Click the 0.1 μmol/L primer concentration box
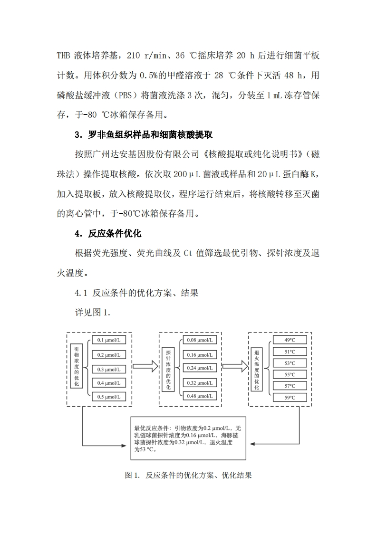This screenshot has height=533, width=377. pyautogui.click(x=108, y=340)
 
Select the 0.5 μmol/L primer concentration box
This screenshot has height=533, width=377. pyautogui.click(x=108, y=397)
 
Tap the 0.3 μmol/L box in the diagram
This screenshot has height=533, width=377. pyautogui.click(x=108, y=369)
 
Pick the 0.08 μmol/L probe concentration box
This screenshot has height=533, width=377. pyautogui.click(x=199, y=340)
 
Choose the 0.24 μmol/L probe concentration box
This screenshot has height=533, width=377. pyautogui.click(x=199, y=368)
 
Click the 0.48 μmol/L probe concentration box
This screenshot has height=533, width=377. pyautogui.click(x=199, y=396)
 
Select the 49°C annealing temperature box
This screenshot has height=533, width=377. pyautogui.click(x=290, y=340)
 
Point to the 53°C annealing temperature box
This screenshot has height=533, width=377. pyautogui.click(x=290, y=363)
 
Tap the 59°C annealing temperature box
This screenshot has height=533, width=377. pyautogui.click(x=290, y=398)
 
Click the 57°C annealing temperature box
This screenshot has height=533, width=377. pyautogui.click(x=290, y=386)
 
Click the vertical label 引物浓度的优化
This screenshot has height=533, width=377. pyautogui.click(x=77, y=366)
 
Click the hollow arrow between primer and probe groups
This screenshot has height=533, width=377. pyautogui.click(x=145, y=366)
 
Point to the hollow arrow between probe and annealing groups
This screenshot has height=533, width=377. pyautogui.click(x=234, y=366)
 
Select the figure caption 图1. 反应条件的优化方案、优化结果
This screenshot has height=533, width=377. pyautogui.click(x=188, y=475)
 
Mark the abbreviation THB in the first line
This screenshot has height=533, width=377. pyautogui.click(x=63, y=55)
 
